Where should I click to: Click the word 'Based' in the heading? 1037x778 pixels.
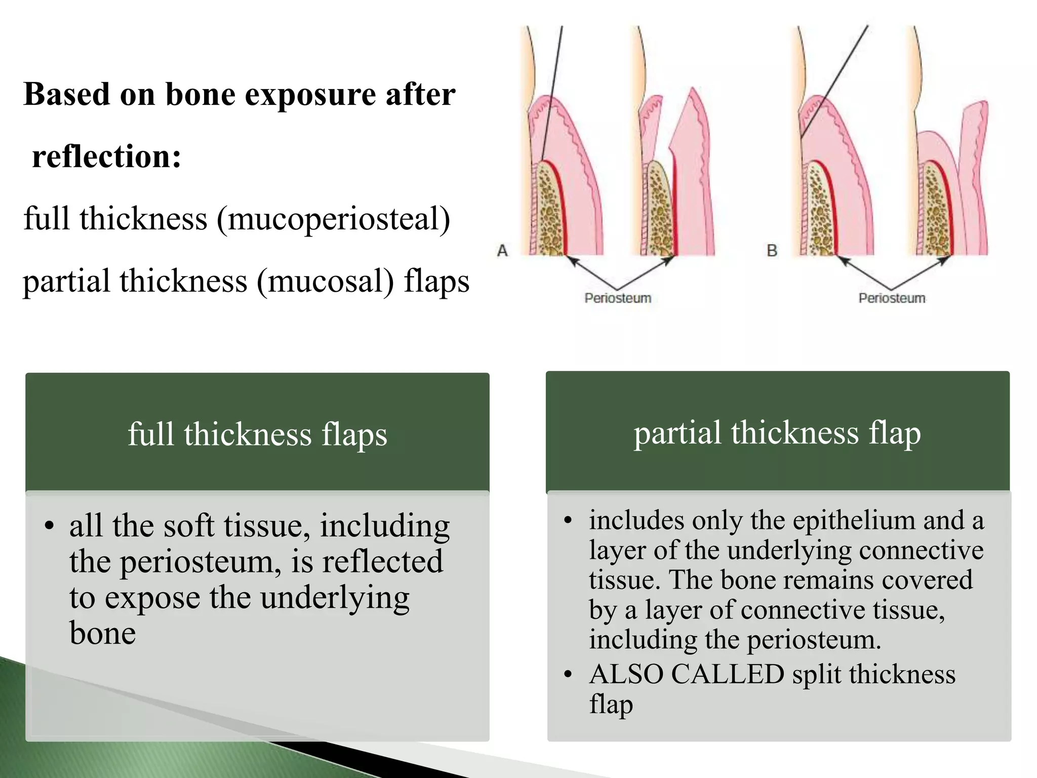click(x=66, y=95)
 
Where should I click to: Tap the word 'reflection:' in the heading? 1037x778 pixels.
click(x=107, y=157)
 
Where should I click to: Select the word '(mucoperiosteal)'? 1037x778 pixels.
click(x=333, y=219)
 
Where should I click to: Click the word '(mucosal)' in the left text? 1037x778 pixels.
click(x=325, y=282)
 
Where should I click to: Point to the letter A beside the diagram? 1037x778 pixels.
click(x=502, y=250)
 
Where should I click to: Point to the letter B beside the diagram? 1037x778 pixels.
click(x=772, y=250)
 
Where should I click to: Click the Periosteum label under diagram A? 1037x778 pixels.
click(x=618, y=298)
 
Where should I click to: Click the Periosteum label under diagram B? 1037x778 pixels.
click(x=892, y=298)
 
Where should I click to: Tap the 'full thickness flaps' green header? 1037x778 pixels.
click(x=257, y=434)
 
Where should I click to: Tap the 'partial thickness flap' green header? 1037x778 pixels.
click(x=777, y=433)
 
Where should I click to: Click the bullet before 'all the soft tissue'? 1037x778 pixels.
click(x=49, y=526)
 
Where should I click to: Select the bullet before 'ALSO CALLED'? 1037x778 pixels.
click(x=568, y=675)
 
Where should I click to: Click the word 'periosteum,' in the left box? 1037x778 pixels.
click(x=201, y=562)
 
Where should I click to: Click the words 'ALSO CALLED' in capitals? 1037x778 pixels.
click(x=687, y=675)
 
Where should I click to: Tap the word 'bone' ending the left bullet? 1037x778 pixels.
click(x=103, y=634)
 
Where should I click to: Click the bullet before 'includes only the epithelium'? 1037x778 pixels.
click(x=568, y=521)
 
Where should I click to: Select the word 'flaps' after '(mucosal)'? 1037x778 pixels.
click(x=436, y=282)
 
